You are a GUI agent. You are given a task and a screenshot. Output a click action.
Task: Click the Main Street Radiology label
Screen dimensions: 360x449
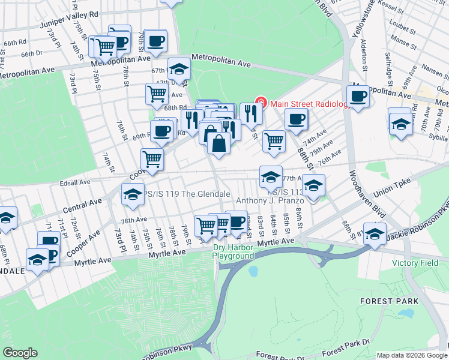309,104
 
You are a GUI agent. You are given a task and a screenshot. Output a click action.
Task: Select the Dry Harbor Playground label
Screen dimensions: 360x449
234,251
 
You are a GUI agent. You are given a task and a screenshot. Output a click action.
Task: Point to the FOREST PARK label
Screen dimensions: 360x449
385,300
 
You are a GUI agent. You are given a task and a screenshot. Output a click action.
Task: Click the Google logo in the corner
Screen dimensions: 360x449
20,353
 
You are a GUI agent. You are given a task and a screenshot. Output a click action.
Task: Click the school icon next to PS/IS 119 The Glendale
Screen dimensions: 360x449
132,193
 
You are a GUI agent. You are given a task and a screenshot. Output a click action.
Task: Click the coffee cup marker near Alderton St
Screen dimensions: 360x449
359,97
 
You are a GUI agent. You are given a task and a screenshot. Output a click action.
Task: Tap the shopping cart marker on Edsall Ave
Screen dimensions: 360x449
152,160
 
